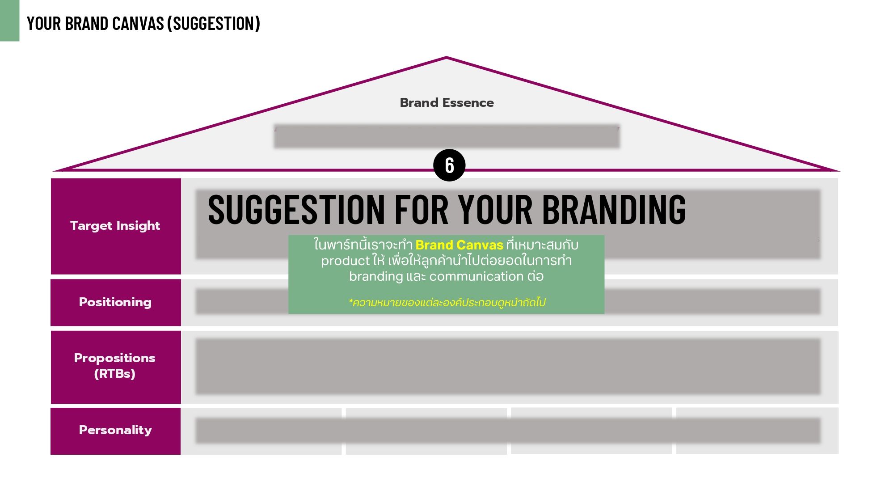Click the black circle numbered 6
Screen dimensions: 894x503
point(449,165)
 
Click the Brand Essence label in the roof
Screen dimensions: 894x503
point(447,102)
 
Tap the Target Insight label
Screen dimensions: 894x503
point(115,225)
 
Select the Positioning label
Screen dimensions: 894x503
point(115,302)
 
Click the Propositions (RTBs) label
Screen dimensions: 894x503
point(115,365)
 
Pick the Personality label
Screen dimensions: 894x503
point(115,430)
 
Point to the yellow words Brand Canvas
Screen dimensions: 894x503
point(459,245)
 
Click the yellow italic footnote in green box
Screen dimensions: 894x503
point(447,302)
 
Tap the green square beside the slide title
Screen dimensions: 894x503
point(9,21)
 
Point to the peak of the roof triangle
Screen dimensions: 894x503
point(446,57)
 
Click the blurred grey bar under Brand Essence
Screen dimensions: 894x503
point(447,136)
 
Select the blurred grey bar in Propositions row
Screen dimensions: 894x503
point(508,367)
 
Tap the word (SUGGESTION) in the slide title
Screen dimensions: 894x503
point(214,24)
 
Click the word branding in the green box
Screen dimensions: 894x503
point(376,276)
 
